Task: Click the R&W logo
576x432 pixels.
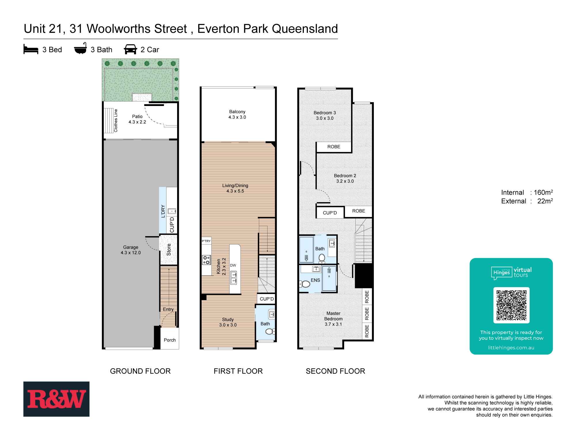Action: click(56, 399)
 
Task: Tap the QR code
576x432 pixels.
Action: click(511, 305)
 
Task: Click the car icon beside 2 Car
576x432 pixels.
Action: click(130, 49)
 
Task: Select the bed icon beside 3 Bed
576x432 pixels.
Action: click(31, 50)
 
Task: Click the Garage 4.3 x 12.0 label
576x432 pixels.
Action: click(130, 250)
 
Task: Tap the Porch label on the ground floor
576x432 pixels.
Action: click(170, 340)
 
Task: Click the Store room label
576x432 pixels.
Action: click(169, 249)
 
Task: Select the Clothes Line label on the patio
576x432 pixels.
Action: click(116, 120)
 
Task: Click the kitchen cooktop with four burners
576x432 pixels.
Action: click(206, 260)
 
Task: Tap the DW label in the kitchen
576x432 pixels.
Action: click(233, 265)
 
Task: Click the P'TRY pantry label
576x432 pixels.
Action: click(206, 241)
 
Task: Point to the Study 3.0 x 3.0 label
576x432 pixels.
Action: click(228, 322)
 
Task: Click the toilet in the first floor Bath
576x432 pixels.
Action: click(270, 332)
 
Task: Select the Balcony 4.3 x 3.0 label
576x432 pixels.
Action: click(237, 114)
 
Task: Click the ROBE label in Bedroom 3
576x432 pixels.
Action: click(334, 147)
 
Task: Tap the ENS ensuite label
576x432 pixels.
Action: click(315, 280)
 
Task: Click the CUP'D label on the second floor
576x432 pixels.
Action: click(329, 213)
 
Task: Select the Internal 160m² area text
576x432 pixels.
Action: click(526, 192)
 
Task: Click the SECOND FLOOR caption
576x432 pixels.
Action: click(335, 371)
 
